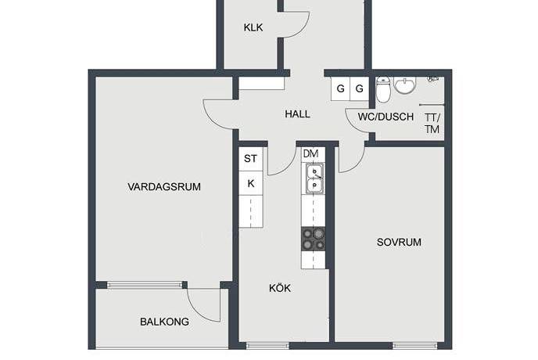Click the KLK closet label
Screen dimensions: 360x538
coord(253,27)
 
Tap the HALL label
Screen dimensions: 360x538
coord(297,114)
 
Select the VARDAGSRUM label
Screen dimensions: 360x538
coord(165,187)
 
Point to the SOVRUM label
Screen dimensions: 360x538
coord(399,243)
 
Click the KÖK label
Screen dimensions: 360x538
coord(280,288)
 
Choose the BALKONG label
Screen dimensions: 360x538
coord(163,322)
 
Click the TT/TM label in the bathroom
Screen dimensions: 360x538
coord(432,124)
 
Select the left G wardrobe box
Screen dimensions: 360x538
coord(340,88)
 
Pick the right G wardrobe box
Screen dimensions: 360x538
coord(359,88)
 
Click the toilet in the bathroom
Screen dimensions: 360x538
coord(383,91)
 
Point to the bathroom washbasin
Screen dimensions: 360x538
coord(405,85)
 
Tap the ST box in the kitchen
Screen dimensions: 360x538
coord(250,159)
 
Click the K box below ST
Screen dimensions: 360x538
coord(250,183)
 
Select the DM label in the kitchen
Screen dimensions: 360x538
coord(310,153)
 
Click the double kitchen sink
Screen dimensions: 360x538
coord(312,179)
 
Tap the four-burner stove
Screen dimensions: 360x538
coord(313,239)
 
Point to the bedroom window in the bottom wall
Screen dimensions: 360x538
coord(414,345)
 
